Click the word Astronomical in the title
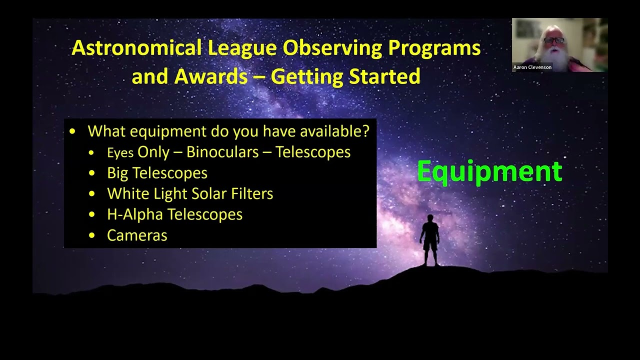click(x=136, y=48)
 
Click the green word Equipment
click(x=489, y=171)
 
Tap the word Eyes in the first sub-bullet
click(x=120, y=153)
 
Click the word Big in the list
click(x=117, y=173)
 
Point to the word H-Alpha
click(x=135, y=214)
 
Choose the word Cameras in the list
click(x=137, y=235)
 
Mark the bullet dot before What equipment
click(x=72, y=132)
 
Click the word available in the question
click(x=334, y=131)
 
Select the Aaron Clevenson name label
click(x=532, y=67)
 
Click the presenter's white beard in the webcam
click(x=555, y=57)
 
